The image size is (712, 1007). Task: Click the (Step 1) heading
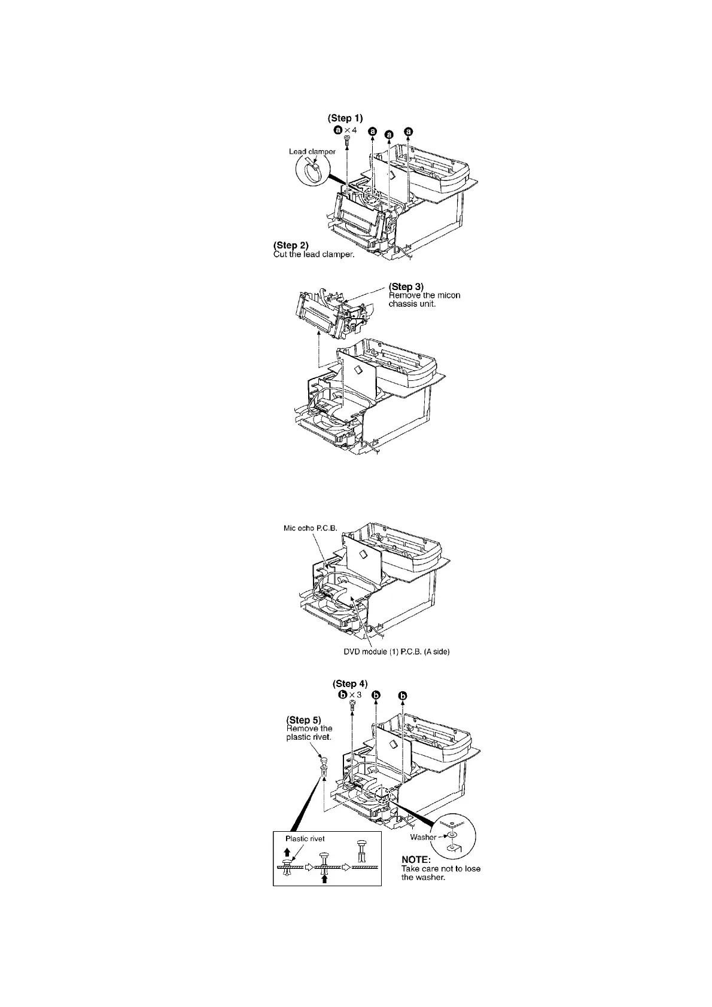[x=345, y=118]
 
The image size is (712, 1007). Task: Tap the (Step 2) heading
[x=291, y=245]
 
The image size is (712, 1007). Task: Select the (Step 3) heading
[x=406, y=286]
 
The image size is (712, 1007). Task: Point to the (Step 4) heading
[x=350, y=683]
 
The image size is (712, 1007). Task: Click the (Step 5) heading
[x=304, y=719]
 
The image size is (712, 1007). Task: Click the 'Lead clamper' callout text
[x=312, y=152]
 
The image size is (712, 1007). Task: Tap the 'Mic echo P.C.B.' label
[x=311, y=529]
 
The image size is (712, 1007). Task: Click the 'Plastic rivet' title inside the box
[x=305, y=838]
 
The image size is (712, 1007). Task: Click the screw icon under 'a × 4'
[x=346, y=141]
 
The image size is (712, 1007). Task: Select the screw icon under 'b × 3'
[x=352, y=706]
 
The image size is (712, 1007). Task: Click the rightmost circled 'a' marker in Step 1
[x=409, y=131]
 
